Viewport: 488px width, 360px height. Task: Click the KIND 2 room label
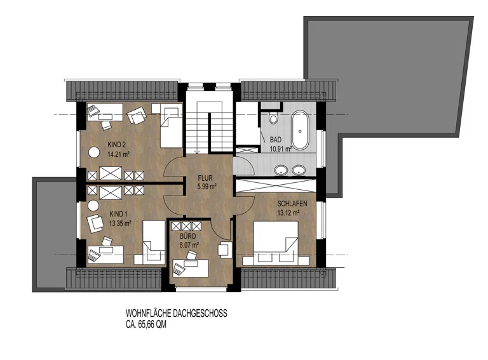tap(117, 145)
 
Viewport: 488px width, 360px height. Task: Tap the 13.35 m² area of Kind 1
tap(120, 223)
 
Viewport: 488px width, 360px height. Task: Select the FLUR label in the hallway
tap(205, 178)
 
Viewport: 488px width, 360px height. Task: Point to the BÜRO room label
tap(188, 236)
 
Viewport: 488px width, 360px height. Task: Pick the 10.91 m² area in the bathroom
tap(281, 149)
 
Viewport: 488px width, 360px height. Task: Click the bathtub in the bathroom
tap(300, 130)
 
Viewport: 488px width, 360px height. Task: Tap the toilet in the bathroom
tap(274, 119)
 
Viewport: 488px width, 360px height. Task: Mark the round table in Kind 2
tap(93, 152)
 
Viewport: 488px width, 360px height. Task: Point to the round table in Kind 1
tap(93, 206)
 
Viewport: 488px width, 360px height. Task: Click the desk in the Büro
tap(190, 268)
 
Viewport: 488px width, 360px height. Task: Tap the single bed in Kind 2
tap(171, 126)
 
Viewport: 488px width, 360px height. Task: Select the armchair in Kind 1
tap(95, 223)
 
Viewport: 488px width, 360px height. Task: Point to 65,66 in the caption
tap(146, 324)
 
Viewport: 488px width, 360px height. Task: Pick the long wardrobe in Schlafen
tap(276, 185)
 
